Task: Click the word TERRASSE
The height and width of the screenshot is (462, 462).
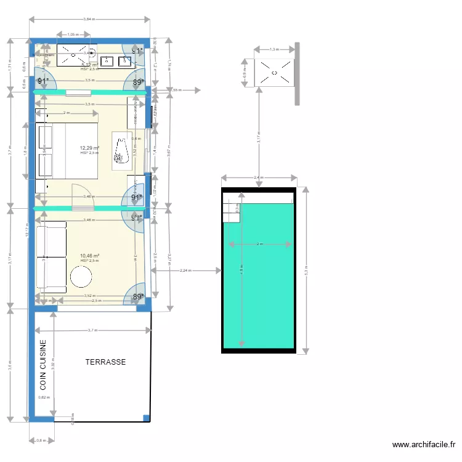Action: (x=105, y=362)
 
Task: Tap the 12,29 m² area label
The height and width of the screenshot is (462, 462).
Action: (x=89, y=148)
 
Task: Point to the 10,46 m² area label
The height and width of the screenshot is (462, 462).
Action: (x=90, y=256)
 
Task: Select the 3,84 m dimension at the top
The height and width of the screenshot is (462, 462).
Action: (x=90, y=20)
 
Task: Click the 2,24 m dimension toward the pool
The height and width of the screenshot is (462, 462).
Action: (x=185, y=270)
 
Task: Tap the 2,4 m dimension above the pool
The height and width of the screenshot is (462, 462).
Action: (x=259, y=178)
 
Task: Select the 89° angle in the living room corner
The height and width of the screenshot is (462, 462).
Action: (x=139, y=296)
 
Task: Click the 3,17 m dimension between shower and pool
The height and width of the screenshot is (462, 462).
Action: (x=259, y=139)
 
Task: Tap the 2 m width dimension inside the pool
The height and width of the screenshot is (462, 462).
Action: (x=260, y=244)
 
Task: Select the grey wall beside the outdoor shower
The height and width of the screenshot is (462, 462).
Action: (x=297, y=74)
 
